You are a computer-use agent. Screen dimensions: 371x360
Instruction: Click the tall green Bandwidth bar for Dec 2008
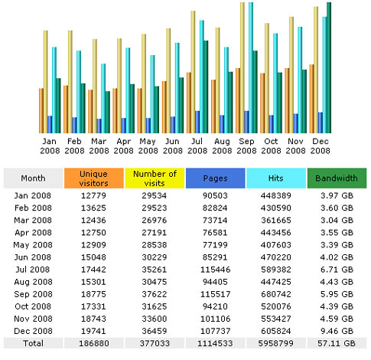pos(329,67)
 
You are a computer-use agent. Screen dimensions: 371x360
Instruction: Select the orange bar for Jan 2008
pos(41,110)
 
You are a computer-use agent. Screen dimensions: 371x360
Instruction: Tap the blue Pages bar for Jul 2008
pos(197,122)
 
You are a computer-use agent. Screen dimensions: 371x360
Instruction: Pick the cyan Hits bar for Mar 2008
pos(103,98)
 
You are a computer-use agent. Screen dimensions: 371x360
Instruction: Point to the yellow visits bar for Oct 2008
pos(267,78)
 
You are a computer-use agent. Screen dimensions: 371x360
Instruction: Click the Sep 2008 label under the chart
pos(246,146)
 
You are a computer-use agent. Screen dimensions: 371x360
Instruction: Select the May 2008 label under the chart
pos(148,146)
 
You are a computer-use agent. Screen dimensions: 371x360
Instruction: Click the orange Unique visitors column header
pos(94,178)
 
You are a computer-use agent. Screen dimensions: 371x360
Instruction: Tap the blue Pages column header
pos(216,178)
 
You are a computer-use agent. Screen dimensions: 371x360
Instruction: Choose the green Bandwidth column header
pos(337,178)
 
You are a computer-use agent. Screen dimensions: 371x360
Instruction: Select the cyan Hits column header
pos(276,178)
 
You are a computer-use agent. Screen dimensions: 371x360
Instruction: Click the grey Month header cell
pos(33,178)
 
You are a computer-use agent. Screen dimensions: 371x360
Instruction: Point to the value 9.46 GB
pos(337,331)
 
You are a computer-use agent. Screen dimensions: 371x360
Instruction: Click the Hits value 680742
pos(276,294)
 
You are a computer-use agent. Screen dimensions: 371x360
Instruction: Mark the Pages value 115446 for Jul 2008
pos(216,270)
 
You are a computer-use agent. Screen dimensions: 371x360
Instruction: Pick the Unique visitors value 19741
pos(93,331)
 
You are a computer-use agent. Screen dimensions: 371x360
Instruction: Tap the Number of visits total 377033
pos(155,343)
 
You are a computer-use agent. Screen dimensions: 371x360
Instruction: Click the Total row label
pos(33,343)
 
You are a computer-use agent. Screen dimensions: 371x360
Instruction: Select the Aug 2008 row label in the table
pos(33,282)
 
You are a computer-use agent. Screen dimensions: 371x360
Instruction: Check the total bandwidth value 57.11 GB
pos(337,343)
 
